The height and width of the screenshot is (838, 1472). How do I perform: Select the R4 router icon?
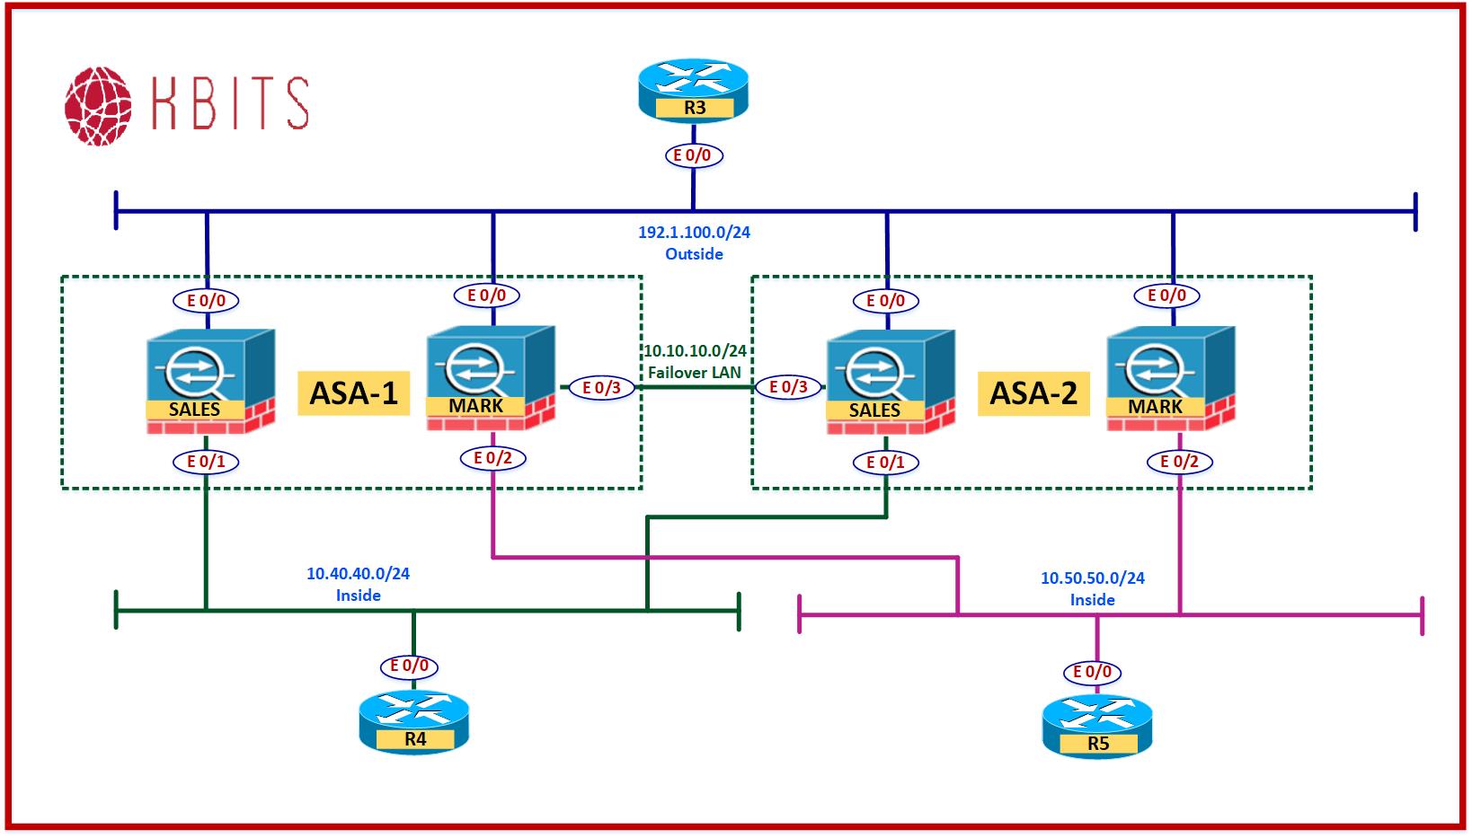(413, 721)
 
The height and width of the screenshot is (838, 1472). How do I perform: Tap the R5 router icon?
(1096, 726)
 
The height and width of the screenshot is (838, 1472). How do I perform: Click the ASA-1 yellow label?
(353, 393)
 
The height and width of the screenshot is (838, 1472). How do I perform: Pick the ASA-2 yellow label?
(1033, 393)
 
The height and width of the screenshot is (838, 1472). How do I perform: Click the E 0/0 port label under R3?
(692, 155)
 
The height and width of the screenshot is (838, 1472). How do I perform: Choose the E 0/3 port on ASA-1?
(602, 388)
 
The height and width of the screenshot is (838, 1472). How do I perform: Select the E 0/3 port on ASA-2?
(788, 387)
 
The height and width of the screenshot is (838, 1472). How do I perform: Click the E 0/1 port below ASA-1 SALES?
(206, 462)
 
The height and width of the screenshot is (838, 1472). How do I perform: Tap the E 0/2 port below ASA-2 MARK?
(1180, 462)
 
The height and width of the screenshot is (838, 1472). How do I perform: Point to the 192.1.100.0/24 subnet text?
(694, 232)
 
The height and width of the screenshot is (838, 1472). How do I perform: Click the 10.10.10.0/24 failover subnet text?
(695, 351)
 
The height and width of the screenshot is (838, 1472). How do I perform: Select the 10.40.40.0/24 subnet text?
(358, 573)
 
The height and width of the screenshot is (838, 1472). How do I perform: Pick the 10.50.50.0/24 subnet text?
(1092, 578)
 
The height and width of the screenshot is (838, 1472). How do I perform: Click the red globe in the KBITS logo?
(98, 105)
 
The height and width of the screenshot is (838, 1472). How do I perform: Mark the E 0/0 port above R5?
(1093, 672)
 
